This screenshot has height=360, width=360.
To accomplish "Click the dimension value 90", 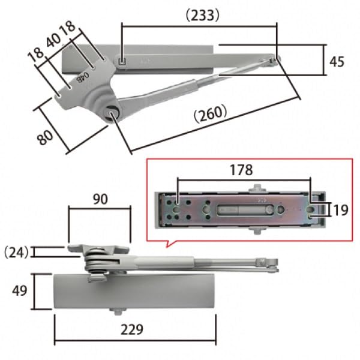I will click(100, 199).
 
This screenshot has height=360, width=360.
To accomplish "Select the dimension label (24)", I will click(16, 251).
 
